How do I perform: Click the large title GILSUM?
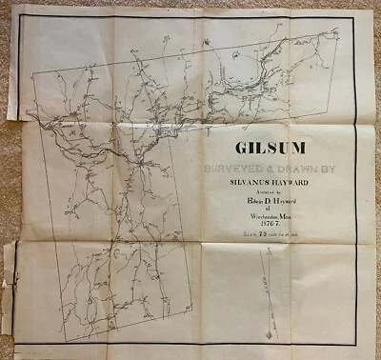[270, 150]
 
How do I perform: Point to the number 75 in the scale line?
[262, 246]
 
